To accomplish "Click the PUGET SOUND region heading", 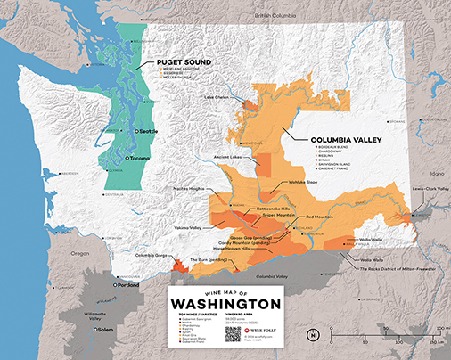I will pyautogui.click(x=183, y=63).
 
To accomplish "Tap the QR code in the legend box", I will pyautogui.click(x=234, y=333).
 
